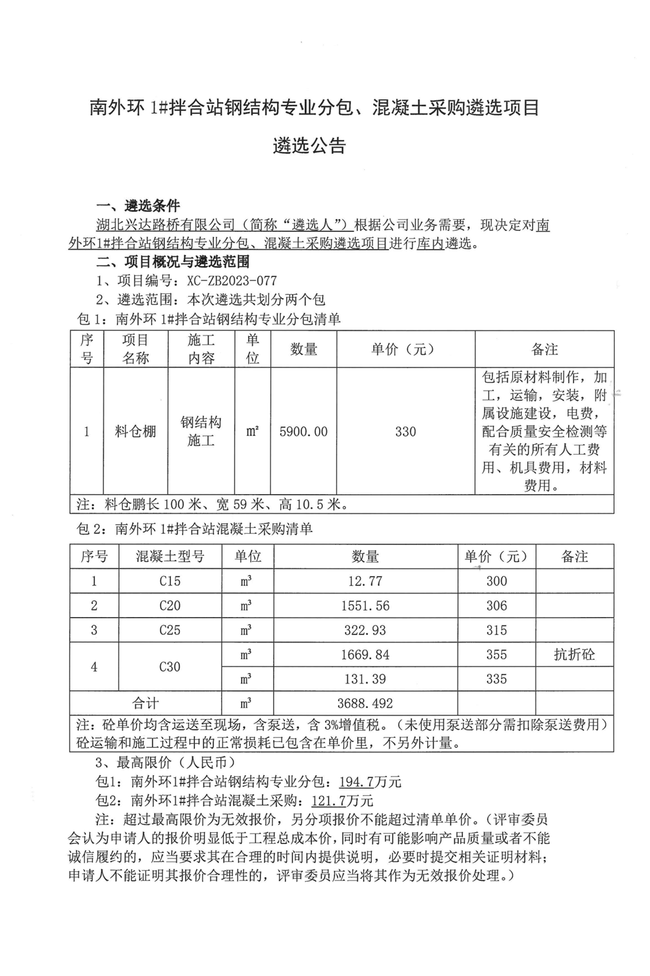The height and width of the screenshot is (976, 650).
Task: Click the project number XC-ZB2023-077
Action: pyautogui.click(x=231, y=281)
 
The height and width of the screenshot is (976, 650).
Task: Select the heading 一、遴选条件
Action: pyautogui.click(x=138, y=207)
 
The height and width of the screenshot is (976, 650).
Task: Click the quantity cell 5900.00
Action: pyautogui.click(x=303, y=432)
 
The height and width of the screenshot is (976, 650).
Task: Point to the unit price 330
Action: pyautogui.click(x=405, y=432)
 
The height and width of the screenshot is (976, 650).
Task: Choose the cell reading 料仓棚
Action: pyautogui.click(x=136, y=432)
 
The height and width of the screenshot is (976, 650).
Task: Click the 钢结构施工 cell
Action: pyautogui.click(x=201, y=432)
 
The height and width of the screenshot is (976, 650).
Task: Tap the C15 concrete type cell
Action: pyautogui.click(x=170, y=581)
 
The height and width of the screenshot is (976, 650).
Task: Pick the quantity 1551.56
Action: pyautogui.click(x=365, y=606)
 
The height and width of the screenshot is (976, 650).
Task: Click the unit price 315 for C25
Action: pyautogui.click(x=497, y=630)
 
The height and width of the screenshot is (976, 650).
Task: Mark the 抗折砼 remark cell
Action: pyautogui.click(x=574, y=655)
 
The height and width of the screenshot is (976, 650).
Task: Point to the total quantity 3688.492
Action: pyautogui.click(x=365, y=704)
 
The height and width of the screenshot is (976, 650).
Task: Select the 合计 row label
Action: pyautogui.click(x=146, y=704)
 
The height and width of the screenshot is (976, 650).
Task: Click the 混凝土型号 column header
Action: pyautogui.click(x=170, y=557)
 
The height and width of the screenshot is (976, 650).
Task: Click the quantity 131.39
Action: pyautogui.click(x=365, y=679)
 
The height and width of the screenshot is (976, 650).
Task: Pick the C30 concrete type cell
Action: pyautogui.click(x=170, y=667)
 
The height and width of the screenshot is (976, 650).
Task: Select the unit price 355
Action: pyautogui.click(x=497, y=655)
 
